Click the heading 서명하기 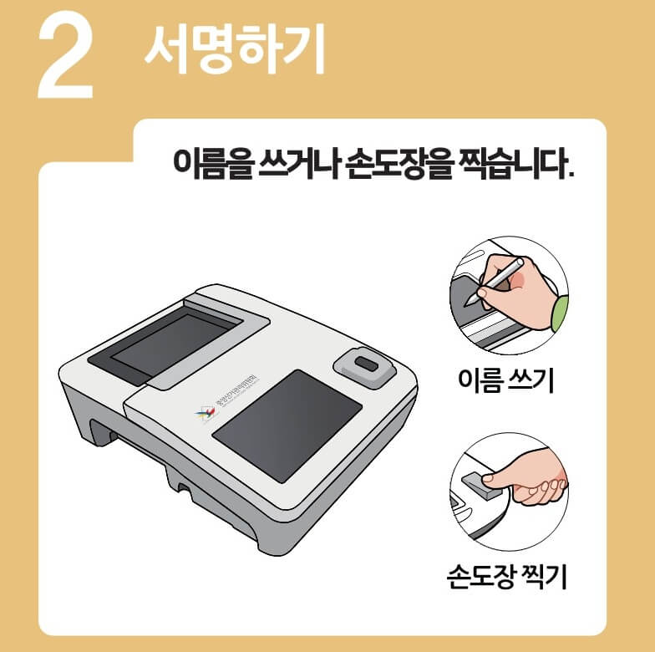point(234,48)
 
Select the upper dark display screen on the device point(171,343)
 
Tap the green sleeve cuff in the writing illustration point(559,313)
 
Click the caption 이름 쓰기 point(506,380)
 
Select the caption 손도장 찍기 point(507,576)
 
